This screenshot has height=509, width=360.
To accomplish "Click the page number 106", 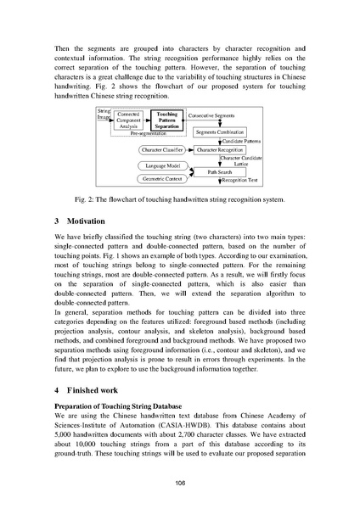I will click(x=180, y=483).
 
